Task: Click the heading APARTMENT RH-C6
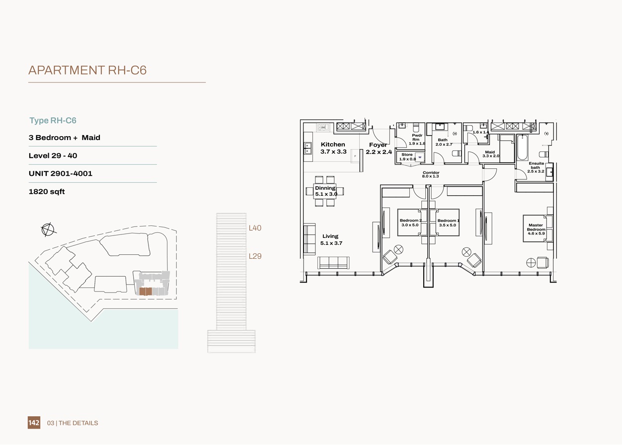(87, 71)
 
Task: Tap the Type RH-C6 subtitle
(53, 121)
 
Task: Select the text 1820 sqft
(47, 192)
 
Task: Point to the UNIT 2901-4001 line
(61, 174)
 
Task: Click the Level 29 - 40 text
(53, 156)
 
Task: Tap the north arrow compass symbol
(48, 229)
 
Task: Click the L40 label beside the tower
(255, 228)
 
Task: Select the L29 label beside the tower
(255, 257)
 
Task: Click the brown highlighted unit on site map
(146, 292)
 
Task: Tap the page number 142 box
(34, 423)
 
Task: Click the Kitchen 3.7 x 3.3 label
(333, 148)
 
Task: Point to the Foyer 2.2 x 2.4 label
(379, 149)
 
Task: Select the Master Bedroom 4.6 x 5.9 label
(536, 229)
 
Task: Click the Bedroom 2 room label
(410, 223)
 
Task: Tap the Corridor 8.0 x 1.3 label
(431, 174)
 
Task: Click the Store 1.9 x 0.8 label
(407, 157)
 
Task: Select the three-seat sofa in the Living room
(333, 263)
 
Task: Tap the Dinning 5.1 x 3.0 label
(325, 191)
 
